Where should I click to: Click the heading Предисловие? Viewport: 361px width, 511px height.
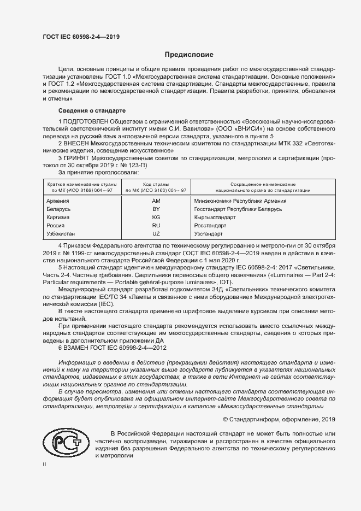coord(190,55)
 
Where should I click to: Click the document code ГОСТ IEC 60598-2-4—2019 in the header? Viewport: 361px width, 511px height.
coord(81,37)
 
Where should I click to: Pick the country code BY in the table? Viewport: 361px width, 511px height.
coord(156,209)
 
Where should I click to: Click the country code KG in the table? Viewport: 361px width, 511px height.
coord(156,217)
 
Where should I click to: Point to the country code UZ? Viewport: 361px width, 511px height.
coord(156,233)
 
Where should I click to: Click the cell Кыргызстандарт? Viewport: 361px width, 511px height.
coord(215,217)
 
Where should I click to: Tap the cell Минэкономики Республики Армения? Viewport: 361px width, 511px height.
coord(240,201)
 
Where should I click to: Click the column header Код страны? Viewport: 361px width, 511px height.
coord(156,184)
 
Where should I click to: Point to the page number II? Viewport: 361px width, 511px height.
coord(44,464)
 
